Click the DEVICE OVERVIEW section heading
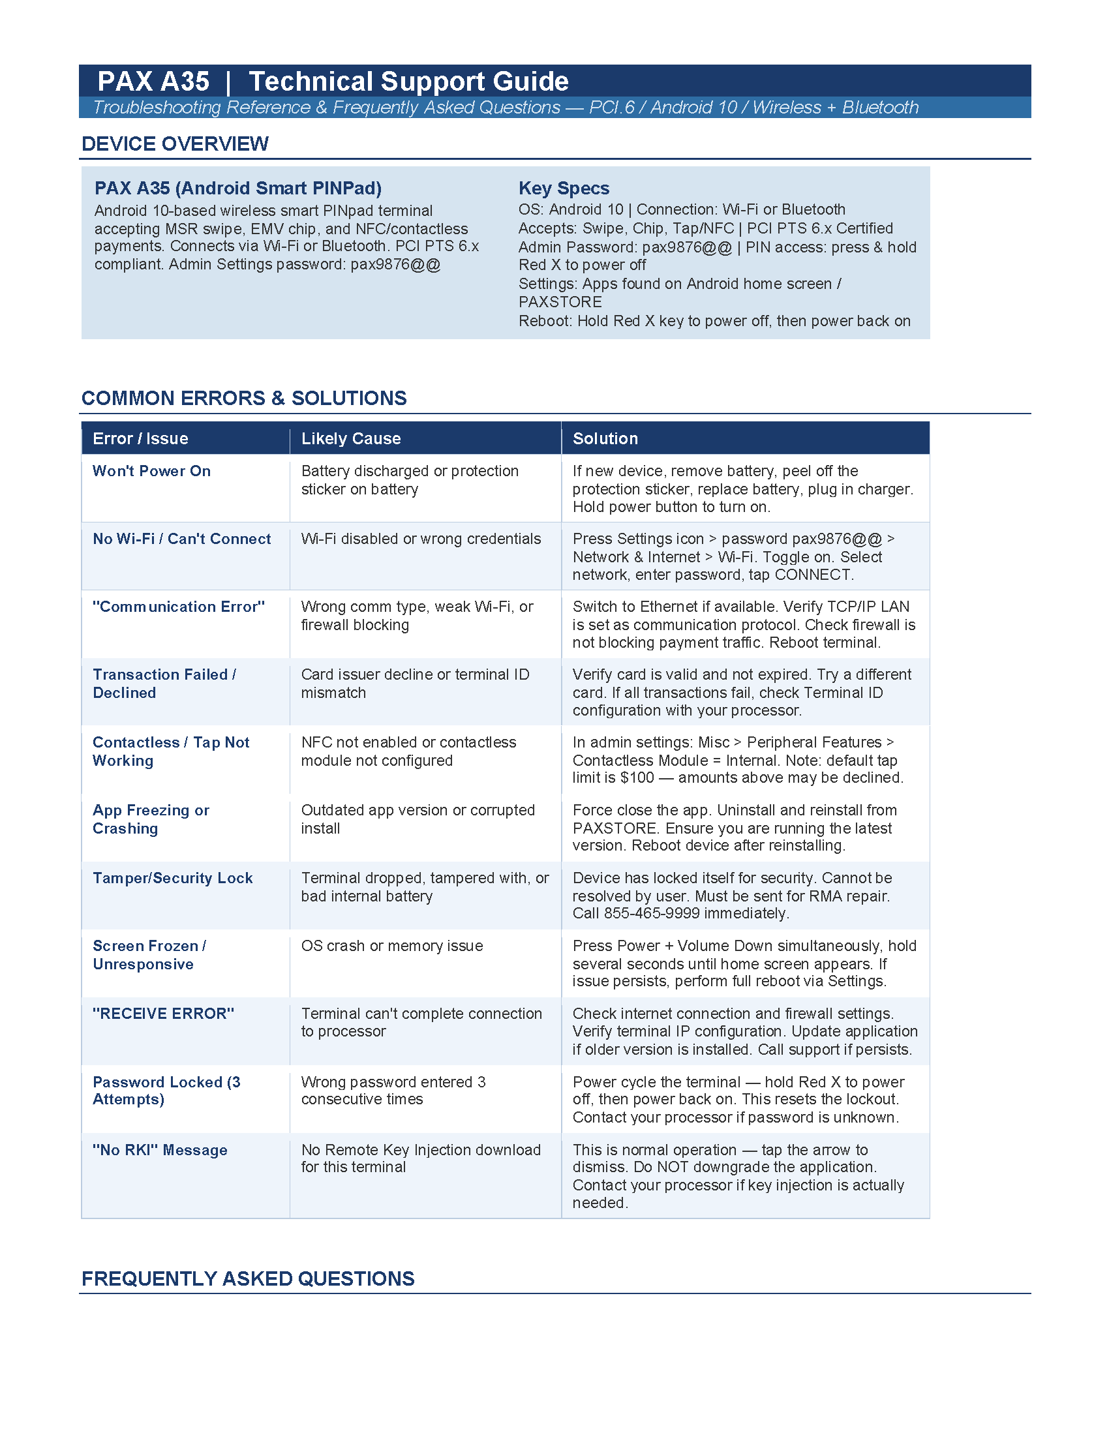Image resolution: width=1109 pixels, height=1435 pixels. point(175,144)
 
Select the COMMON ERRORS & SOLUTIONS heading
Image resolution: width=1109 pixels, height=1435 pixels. point(244,398)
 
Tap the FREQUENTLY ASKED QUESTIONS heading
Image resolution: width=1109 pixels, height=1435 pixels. point(248,1278)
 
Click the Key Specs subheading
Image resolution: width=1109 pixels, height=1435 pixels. point(564,189)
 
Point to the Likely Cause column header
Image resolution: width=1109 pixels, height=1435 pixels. point(351,438)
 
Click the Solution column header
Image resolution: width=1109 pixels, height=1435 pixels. point(605,438)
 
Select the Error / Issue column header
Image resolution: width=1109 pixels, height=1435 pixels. point(141,438)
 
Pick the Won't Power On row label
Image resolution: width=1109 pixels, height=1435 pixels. point(152,471)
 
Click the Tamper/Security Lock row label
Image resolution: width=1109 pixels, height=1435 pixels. point(173,878)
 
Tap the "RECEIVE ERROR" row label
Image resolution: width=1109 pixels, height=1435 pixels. point(163,1013)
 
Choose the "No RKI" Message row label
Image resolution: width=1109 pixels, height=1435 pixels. point(160,1150)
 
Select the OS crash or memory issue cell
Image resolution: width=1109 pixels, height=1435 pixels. point(392,946)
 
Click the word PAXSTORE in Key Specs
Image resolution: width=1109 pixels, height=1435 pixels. point(560,302)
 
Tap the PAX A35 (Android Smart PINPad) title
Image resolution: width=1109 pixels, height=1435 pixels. point(238,189)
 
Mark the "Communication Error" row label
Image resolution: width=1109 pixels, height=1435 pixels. point(179,607)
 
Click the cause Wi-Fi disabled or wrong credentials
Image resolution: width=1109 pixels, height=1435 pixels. point(421,539)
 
